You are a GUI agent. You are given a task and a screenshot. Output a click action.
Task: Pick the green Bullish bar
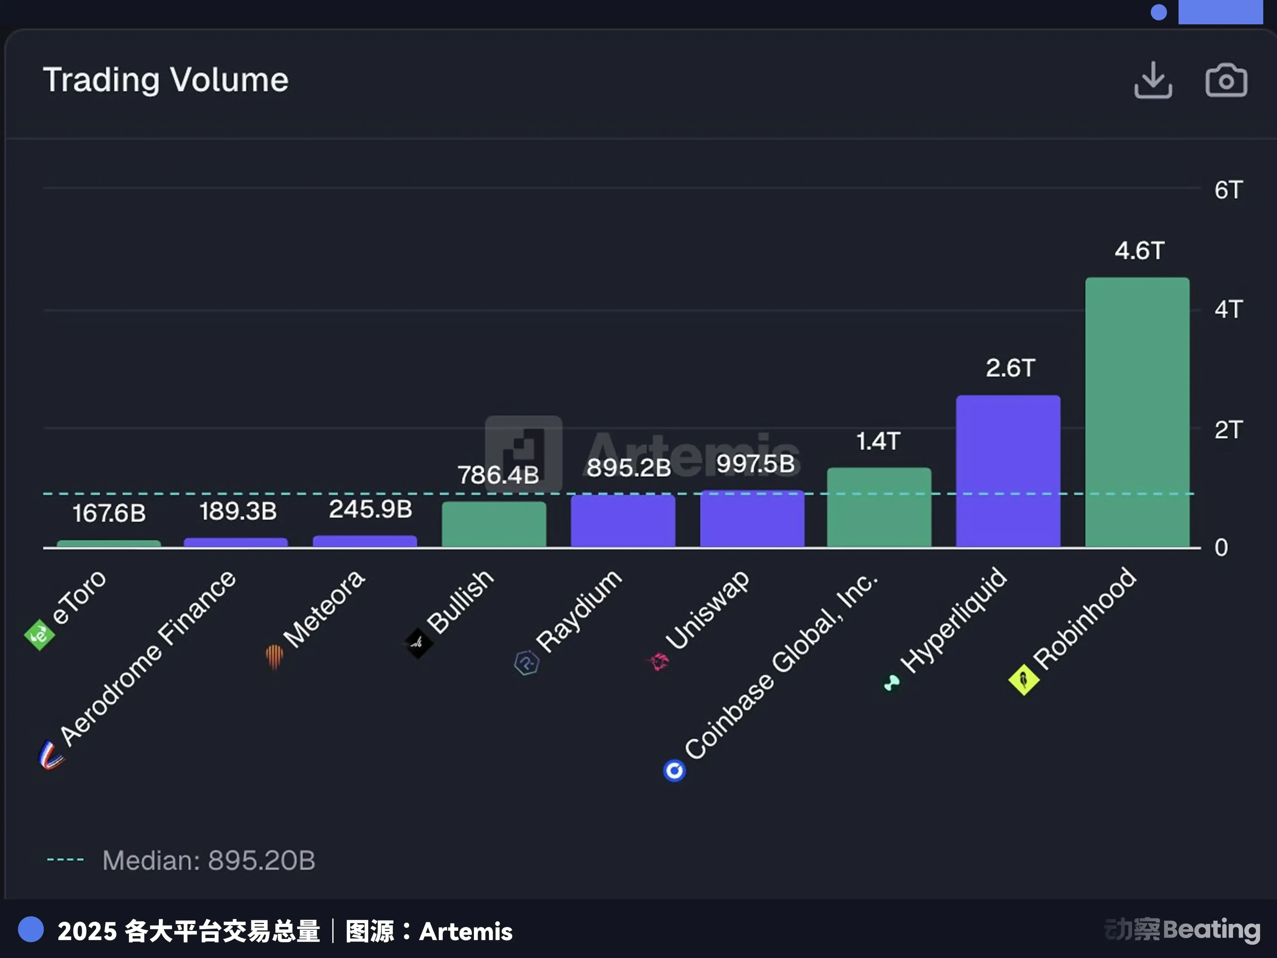[x=494, y=524]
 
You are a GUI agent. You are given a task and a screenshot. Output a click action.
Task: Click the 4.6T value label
[x=1139, y=250]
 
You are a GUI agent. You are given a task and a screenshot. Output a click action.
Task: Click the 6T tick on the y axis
[x=1227, y=190]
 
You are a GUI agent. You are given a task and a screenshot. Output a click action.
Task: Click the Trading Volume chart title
[x=166, y=80]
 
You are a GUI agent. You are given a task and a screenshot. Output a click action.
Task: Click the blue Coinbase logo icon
[x=674, y=770]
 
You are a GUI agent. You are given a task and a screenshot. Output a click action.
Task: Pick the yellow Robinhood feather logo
[x=1024, y=680]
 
